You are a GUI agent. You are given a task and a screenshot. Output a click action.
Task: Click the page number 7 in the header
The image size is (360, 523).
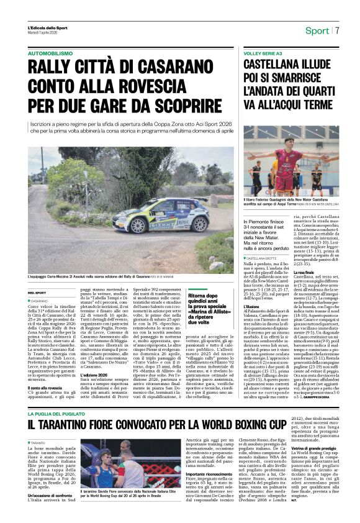point(338,30)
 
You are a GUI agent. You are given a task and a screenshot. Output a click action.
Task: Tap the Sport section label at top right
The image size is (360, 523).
point(317,30)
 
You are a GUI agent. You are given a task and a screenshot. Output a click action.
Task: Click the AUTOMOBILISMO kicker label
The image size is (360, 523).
point(50,54)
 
